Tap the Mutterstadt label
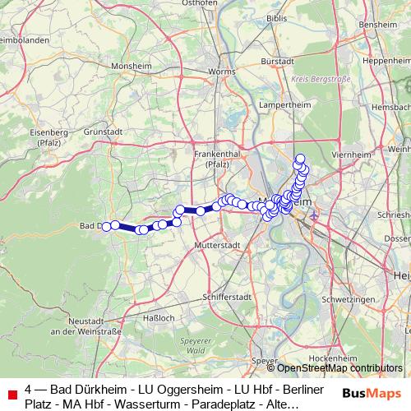click(x=217, y=246)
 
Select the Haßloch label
click(x=159, y=317)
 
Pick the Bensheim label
click(x=385, y=26)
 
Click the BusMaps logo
click(x=372, y=395)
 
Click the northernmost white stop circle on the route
click(x=300, y=159)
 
